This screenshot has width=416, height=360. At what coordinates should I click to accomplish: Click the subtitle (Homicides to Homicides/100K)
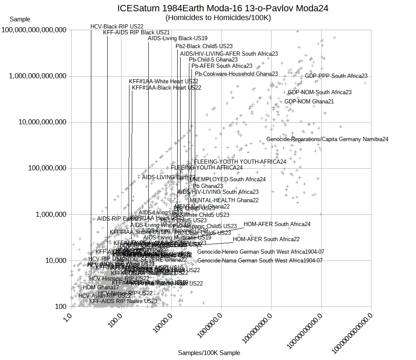point(218,18)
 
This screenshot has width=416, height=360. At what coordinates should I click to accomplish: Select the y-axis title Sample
point(20,19)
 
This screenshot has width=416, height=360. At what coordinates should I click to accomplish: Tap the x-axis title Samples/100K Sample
point(209,353)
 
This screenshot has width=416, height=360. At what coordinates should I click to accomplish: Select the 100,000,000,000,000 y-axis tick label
point(34,30)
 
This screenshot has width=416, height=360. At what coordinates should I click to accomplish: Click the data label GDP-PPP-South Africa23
point(336,76)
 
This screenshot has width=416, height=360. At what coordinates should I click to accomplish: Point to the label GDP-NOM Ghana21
point(309,101)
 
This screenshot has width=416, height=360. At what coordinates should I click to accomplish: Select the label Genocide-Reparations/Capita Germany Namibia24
point(327,139)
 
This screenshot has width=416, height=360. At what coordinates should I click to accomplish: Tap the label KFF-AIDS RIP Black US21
point(136,32)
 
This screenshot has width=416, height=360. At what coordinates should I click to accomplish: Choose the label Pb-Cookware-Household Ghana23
point(236,74)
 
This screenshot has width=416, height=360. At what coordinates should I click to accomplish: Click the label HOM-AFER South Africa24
point(277,224)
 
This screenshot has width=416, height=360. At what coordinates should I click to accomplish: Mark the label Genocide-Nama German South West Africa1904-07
point(260,260)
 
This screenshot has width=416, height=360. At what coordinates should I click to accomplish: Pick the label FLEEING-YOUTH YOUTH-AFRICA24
point(240,162)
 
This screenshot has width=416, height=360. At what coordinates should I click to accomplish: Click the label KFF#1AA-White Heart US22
point(163,81)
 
